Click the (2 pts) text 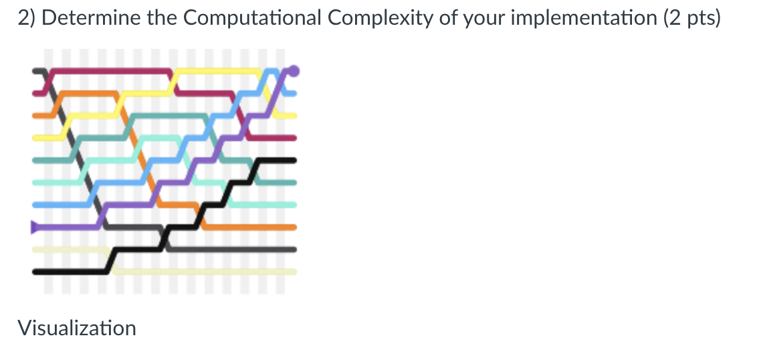pyautogui.click(x=692, y=18)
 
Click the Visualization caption pyautogui.click(x=77, y=328)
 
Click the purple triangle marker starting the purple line pyautogui.click(x=35, y=228)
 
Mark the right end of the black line pyautogui.click(x=293, y=160)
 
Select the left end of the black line pyautogui.click(x=35, y=272)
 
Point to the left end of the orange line pyautogui.click(x=35, y=115)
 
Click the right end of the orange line pyautogui.click(x=293, y=228)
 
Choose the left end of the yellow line pyautogui.click(x=35, y=137)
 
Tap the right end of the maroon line pyautogui.click(x=293, y=138)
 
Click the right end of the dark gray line pyautogui.click(x=293, y=250)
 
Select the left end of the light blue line pyautogui.click(x=35, y=205)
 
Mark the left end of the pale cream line pyautogui.click(x=35, y=250)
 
